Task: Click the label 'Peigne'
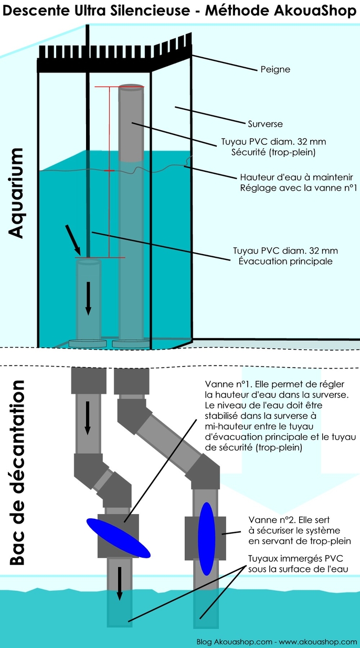pyautogui.click(x=276, y=69)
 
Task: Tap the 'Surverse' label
pyautogui.click(x=265, y=124)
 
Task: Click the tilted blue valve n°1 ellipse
pyautogui.click(x=118, y=538)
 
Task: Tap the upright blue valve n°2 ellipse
pyautogui.click(x=206, y=539)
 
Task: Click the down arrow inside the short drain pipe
pyautogui.click(x=89, y=298)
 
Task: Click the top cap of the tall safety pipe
pyautogui.click(x=132, y=87)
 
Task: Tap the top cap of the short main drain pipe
pyautogui.click(x=89, y=260)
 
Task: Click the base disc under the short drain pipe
pyautogui.click(x=88, y=343)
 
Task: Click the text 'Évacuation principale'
pyautogui.click(x=283, y=261)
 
